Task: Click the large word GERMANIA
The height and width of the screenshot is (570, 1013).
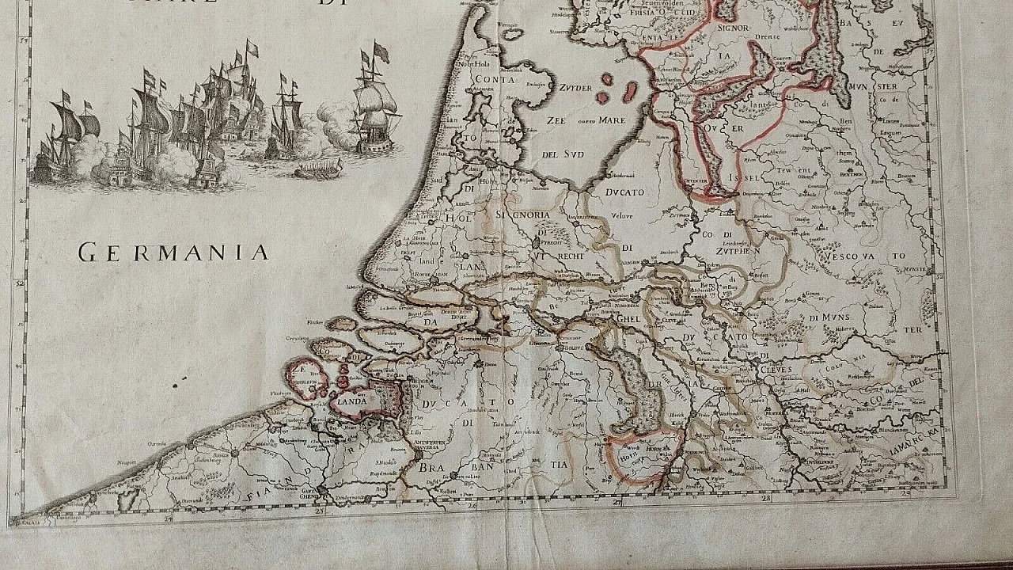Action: [x=173, y=253]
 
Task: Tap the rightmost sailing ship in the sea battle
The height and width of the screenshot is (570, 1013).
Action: [x=377, y=103]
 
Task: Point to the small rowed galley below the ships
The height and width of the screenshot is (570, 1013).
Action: [x=318, y=168]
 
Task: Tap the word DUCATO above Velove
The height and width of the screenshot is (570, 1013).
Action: [x=623, y=192]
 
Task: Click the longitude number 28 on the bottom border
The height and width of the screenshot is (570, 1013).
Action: [x=765, y=499]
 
